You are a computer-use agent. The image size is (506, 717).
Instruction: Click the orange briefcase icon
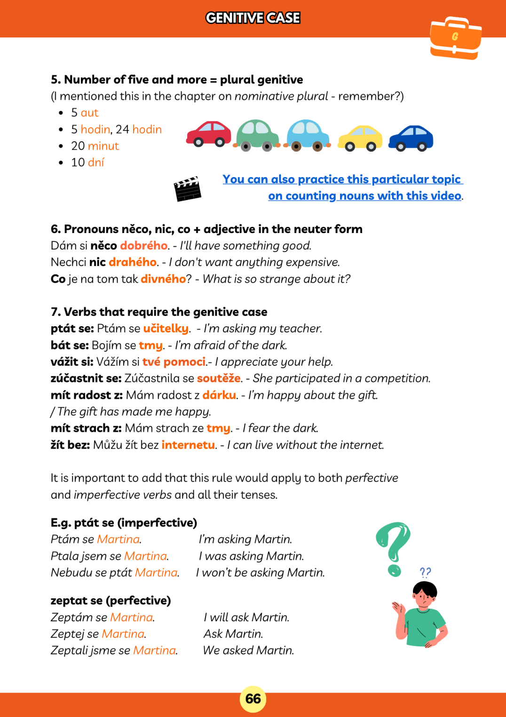click(455, 38)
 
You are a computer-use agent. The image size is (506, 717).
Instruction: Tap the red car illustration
click(209, 133)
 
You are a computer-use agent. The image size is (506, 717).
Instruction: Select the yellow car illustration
click(360, 138)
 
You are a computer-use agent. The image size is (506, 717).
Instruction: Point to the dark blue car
click(411, 138)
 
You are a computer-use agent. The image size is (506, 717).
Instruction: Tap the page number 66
click(253, 699)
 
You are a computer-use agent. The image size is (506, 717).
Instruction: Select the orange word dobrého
click(143, 246)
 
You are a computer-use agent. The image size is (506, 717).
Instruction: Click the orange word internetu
click(188, 445)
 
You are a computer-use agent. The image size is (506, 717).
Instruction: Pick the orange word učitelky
click(166, 329)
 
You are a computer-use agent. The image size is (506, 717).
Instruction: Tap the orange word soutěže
click(219, 379)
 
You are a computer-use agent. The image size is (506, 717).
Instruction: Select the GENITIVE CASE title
click(253, 18)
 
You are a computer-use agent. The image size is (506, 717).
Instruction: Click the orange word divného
click(163, 279)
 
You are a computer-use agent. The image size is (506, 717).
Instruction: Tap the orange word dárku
click(219, 395)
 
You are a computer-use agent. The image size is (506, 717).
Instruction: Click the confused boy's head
click(425, 595)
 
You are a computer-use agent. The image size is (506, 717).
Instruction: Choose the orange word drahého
click(133, 262)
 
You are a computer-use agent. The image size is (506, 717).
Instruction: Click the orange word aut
click(89, 113)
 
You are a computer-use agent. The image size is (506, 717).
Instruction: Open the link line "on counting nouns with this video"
click(364, 196)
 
